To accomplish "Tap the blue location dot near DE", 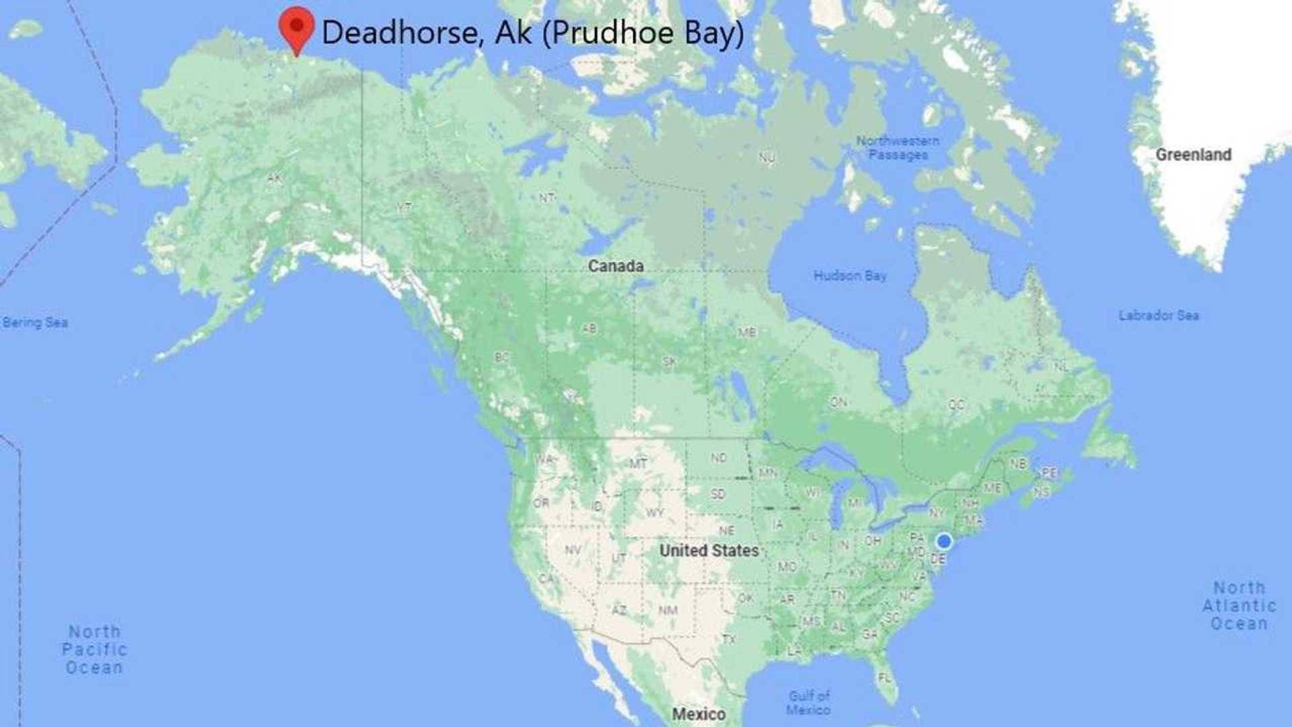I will [944, 541].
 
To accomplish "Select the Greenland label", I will [1193, 155].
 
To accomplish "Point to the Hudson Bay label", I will [850, 275].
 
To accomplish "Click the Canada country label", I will [616, 266].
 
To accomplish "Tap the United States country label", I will [709, 551].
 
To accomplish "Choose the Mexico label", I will [698, 714].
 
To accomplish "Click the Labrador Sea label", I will [1158, 315].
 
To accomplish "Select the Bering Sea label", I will [35, 322].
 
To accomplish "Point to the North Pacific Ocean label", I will [94, 650].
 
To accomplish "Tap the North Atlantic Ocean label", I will [1239, 606].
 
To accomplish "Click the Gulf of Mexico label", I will [809, 702].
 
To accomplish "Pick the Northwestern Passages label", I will [898, 147].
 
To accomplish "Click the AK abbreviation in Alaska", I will [275, 178].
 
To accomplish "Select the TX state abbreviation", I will [729, 639].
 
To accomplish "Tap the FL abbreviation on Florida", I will [884, 677].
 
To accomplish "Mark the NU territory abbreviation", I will [766, 158].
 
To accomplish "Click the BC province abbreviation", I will [501, 357].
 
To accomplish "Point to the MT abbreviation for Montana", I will [638, 463].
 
